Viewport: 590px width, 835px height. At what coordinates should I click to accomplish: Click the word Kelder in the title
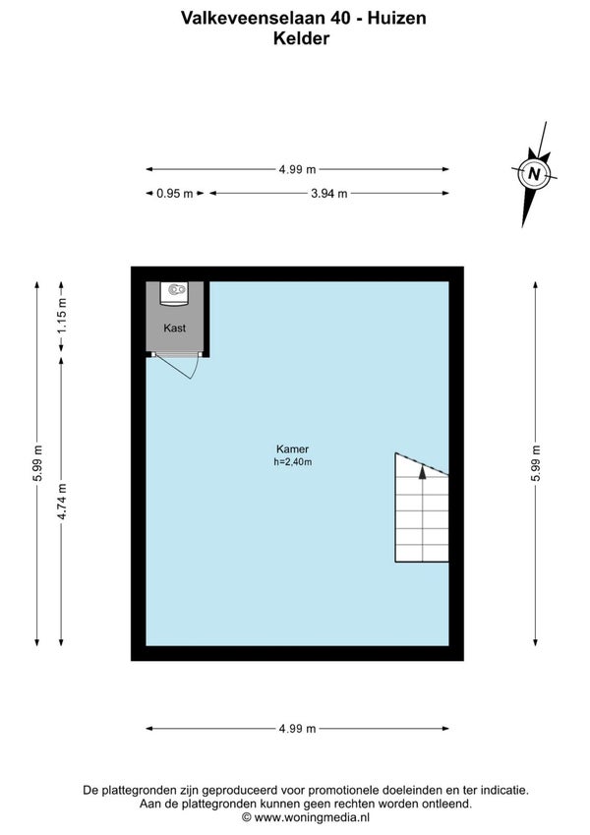pos(301,38)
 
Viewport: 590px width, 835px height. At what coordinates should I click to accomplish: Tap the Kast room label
pos(175,328)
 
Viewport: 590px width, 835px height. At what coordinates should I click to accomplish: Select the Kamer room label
pos(292,448)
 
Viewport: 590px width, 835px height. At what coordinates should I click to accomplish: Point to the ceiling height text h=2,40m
pos(293,462)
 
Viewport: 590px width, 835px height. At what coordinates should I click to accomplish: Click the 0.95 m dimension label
pos(175,194)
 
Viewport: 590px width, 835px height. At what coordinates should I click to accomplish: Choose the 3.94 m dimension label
pos(329,194)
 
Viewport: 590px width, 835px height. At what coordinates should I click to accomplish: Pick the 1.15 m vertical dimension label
pos(62,316)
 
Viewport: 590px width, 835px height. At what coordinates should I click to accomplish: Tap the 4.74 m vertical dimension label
pos(62,502)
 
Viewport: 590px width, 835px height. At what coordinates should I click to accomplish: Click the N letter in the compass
pos(534,174)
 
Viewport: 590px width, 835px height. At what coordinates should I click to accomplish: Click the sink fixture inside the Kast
pos(175,293)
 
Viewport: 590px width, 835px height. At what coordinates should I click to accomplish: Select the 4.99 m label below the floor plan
pos(297,729)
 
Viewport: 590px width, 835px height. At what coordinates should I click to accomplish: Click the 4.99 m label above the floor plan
pos(297,169)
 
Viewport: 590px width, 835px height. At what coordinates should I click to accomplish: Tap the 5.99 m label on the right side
pos(536,463)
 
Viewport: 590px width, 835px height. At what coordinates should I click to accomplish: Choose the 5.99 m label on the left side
pos(37,463)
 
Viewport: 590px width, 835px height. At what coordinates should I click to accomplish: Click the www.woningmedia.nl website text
pos(312,817)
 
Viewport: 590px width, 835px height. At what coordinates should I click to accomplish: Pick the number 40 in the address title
pos(338,18)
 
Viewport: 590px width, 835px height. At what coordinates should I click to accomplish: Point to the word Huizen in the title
pos(397,18)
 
